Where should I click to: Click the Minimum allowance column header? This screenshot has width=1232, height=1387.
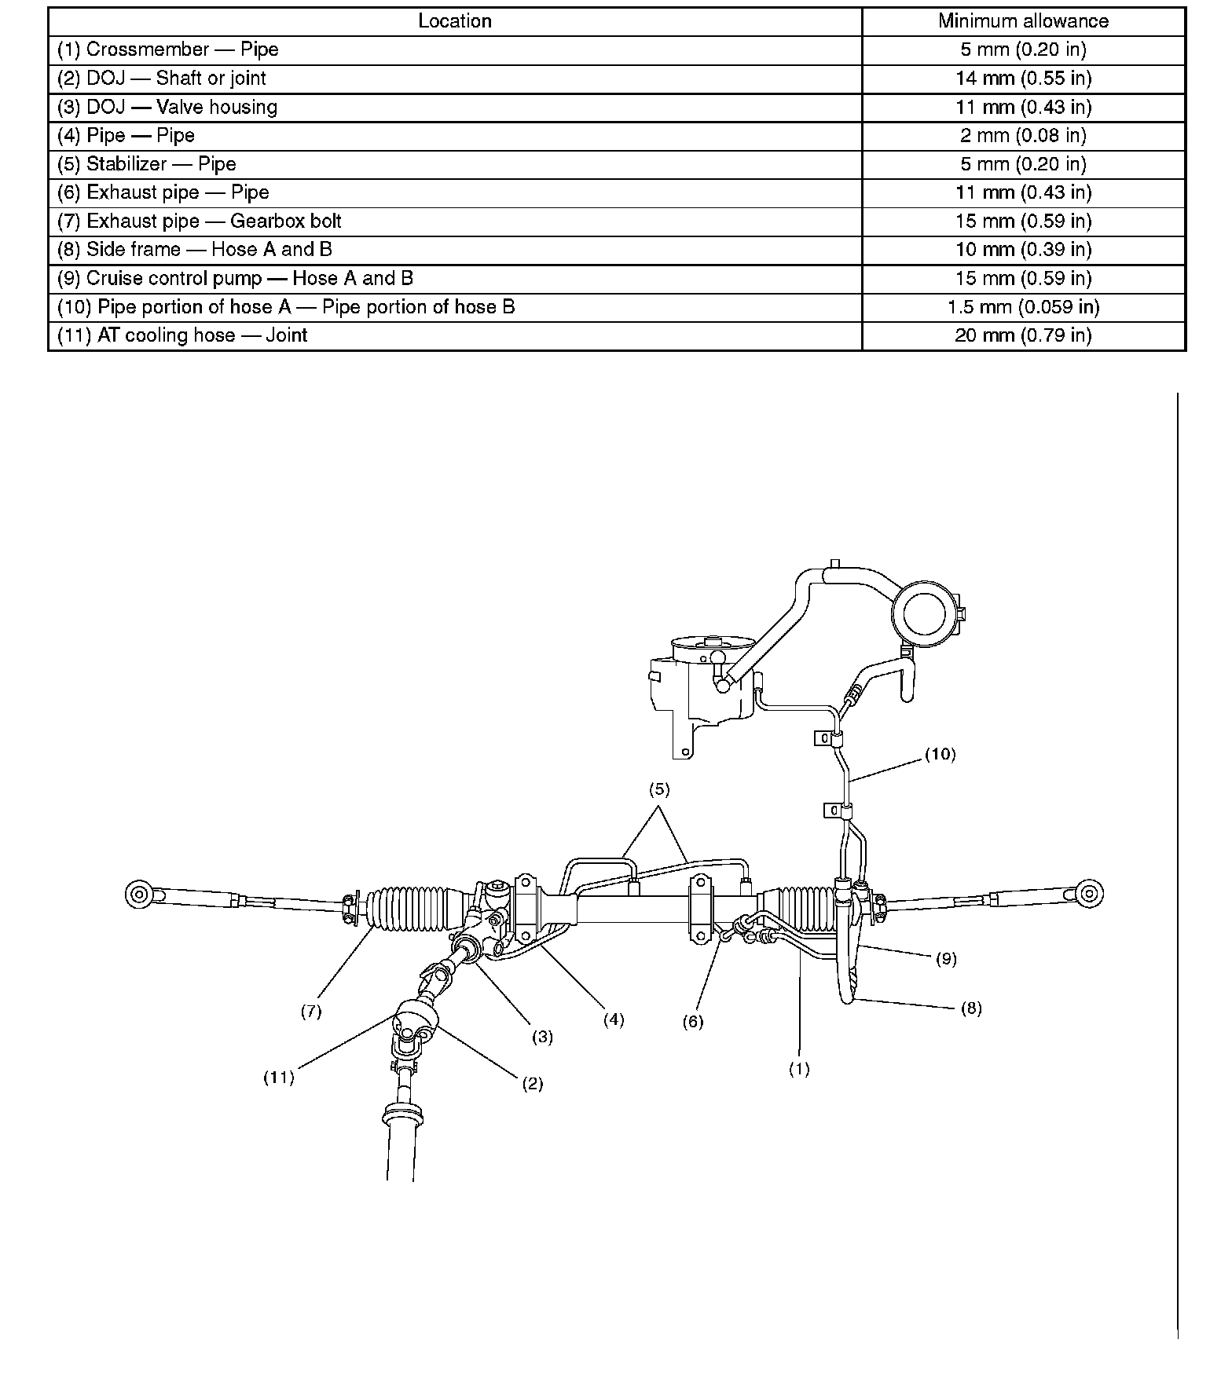pyautogui.click(x=1023, y=21)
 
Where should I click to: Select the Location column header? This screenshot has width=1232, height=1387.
pyautogui.click(x=454, y=21)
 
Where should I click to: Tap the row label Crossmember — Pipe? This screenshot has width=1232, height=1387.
pyautogui.click(x=168, y=49)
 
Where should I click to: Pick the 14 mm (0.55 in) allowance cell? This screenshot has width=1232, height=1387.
pyautogui.click(x=1023, y=79)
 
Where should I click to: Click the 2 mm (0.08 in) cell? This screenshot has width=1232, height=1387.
pyautogui.click(x=1023, y=136)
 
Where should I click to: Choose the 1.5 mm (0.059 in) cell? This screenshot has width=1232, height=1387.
pyautogui.click(x=1023, y=307)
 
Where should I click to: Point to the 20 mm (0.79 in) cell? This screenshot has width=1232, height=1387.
pyautogui.click(x=1023, y=336)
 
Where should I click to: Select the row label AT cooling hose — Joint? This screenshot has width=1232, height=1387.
pyautogui.click(x=182, y=336)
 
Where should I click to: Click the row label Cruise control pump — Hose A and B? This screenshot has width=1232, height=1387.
pyautogui.click(x=235, y=279)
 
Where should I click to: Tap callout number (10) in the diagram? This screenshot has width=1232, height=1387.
pyautogui.click(x=940, y=755)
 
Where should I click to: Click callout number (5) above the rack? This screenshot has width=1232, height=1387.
pyautogui.click(x=659, y=790)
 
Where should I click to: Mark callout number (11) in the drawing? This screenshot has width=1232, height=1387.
pyautogui.click(x=278, y=1078)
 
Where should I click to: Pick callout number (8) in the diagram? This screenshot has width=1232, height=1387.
pyautogui.click(x=971, y=1008)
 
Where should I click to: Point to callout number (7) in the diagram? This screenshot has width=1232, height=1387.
pyautogui.click(x=311, y=1012)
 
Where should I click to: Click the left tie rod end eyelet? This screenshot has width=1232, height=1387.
pyautogui.click(x=137, y=894)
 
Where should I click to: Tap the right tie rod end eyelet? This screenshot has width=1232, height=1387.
pyautogui.click(x=1091, y=892)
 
